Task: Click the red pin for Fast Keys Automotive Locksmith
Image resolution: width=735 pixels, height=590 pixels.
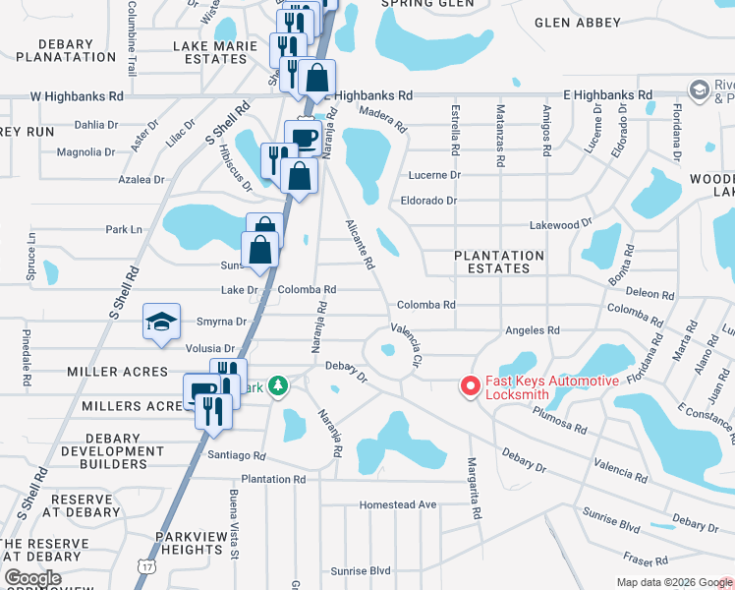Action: pos(471,387)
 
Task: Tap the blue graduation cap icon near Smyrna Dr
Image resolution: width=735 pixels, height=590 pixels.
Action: pos(162,323)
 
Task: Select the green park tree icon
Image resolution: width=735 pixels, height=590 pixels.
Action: pos(278,386)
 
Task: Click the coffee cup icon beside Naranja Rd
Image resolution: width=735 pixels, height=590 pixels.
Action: pos(304,137)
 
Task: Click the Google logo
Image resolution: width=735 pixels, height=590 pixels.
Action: pos(32,579)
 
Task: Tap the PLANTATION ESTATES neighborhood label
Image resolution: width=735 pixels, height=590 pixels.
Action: pos(499,262)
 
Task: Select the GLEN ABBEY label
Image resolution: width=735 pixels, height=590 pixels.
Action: pos(578,23)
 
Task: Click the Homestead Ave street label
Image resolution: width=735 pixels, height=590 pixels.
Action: pos(397,504)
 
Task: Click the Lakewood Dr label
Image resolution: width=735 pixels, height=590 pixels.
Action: pos(554,225)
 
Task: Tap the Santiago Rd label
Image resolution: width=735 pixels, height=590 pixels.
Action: pos(237,455)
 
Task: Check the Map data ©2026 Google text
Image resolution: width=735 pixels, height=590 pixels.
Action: pos(673,582)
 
